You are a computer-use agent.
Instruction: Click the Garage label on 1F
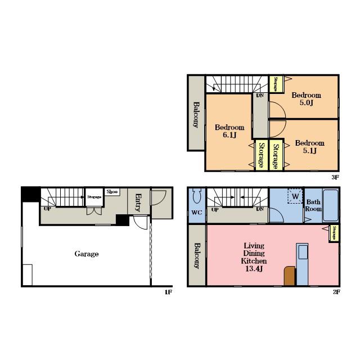tap(87, 254)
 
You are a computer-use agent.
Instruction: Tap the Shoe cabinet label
tap(112, 192)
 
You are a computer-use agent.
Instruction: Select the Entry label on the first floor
tap(138, 202)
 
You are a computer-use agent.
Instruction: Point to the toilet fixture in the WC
tap(196, 196)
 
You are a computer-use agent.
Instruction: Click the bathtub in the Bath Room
tap(330, 205)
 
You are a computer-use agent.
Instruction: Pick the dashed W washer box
tap(295, 196)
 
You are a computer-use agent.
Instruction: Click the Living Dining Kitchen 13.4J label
tap(254, 257)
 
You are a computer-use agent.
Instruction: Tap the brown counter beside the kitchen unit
tap(290, 276)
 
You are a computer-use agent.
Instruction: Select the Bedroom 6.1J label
tap(229, 131)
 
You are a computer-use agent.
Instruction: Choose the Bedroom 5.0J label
tap(306, 99)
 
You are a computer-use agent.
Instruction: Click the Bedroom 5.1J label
tap(310, 147)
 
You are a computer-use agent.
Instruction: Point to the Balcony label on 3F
tap(196, 115)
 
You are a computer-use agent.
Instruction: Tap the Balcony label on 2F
tap(197, 256)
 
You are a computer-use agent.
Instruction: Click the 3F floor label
tap(335, 178)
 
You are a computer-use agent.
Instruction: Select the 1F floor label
tap(168, 292)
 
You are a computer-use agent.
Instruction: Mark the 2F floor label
tap(336, 292)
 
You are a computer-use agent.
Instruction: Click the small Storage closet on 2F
tap(334, 233)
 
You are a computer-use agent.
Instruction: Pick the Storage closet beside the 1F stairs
tap(94, 197)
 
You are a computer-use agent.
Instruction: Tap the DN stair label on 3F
tap(260, 95)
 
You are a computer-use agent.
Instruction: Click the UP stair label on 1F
tap(47, 209)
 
